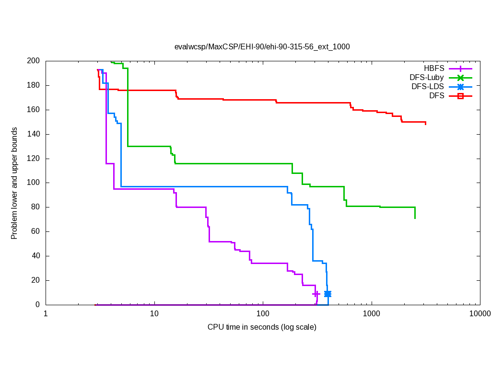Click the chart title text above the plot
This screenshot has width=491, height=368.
tap(262, 47)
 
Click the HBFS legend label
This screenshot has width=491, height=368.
tap(434, 68)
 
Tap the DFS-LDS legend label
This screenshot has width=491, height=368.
tap(427, 87)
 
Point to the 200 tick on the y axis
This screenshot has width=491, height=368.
tap(34, 61)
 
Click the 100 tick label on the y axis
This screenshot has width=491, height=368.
tap(34, 183)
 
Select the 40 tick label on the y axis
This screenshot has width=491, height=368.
tap(35, 256)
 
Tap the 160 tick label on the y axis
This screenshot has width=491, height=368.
tap(34, 110)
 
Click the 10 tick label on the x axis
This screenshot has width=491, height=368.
tap(154, 314)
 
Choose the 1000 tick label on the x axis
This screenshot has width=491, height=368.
tap(372, 314)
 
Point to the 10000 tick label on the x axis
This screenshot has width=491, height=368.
tap(479, 314)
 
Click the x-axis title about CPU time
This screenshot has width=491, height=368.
tap(262, 327)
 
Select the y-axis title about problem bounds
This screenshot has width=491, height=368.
tap(14, 183)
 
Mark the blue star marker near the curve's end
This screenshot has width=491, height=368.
tap(327, 294)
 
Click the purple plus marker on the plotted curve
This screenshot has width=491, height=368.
tap(316, 294)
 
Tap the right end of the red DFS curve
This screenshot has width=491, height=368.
tap(425, 124)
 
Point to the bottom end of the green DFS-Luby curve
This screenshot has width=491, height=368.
tap(415, 218)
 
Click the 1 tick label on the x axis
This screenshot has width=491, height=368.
tap(46, 314)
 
